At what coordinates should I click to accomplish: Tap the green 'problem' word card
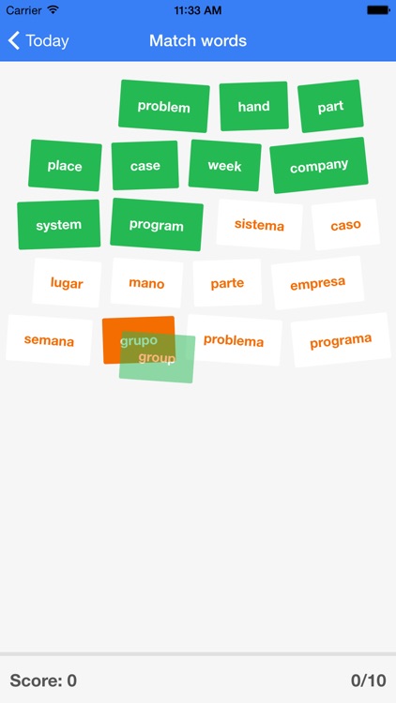(x=164, y=106)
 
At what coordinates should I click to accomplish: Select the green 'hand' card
(x=253, y=106)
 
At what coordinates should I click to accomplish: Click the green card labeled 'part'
(x=330, y=106)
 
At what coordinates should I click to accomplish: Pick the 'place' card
(x=65, y=165)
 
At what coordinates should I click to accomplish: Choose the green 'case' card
(x=145, y=165)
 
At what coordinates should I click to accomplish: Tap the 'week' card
(x=224, y=165)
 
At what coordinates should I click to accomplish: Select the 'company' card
(x=319, y=165)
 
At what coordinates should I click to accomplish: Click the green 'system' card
(x=59, y=225)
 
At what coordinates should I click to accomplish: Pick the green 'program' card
(x=157, y=225)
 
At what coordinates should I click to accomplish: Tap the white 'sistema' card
(x=260, y=225)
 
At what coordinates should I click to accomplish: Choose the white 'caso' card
(x=345, y=225)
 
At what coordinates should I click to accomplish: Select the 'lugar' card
(x=67, y=283)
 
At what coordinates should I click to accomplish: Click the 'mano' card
(x=146, y=283)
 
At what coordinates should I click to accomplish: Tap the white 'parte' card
(x=227, y=283)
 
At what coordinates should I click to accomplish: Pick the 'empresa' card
(x=318, y=283)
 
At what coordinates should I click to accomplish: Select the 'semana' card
(x=49, y=340)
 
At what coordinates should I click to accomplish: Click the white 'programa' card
(x=341, y=340)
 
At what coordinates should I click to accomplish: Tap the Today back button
(x=38, y=41)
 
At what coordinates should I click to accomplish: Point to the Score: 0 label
(x=43, y=681)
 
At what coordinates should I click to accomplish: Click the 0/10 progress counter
(x=369, y=681)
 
